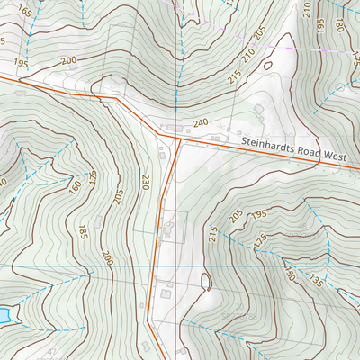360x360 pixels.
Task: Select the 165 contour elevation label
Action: coord(24,12)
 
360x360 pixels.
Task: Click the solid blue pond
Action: coord(4,314)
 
